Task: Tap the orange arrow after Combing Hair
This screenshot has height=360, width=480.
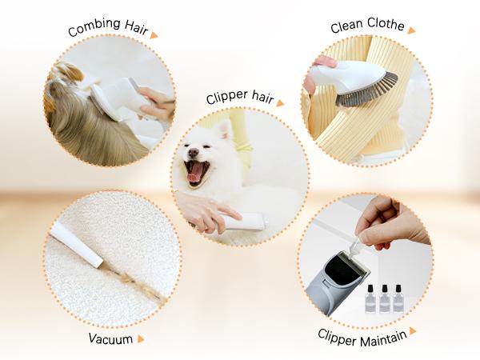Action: coord(154,35)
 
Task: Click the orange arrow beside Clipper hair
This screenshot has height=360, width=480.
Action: coord(280,102)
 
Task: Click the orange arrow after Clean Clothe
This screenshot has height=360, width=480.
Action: coord(411,30)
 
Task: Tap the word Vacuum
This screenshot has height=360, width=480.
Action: coord(110,338)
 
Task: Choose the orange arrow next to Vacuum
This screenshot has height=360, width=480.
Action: coord(141,338)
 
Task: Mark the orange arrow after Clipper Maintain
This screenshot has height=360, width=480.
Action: coord(413,330)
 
